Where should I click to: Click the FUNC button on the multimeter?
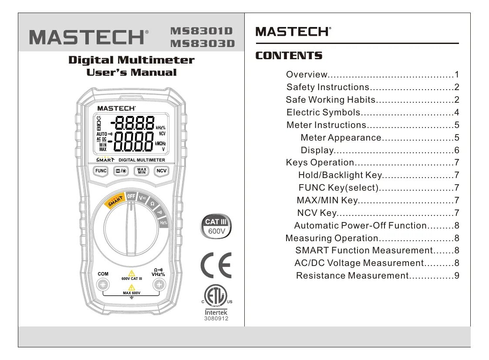[x=101, y=171]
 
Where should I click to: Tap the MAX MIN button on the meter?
[x=142, y=171]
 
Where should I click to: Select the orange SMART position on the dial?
[x=115, y=201]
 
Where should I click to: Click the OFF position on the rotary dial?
[x=131, y=196]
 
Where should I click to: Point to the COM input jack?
[x=103, y=285]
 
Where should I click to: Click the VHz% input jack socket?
[x=159, y=285]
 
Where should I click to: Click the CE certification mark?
[x=216, y=265]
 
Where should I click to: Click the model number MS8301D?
[x=202, y=31]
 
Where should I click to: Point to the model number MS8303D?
[x=202, y=43]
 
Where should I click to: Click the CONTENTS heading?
[x=289, y=56]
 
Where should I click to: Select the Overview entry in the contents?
[x=307, y=74]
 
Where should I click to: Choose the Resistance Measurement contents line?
[x=352, y=276]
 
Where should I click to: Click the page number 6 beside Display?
[x=457, y=151]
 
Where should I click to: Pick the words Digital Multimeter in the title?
[x=131, y=60]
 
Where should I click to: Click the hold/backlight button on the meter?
[x=121, y=171]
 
